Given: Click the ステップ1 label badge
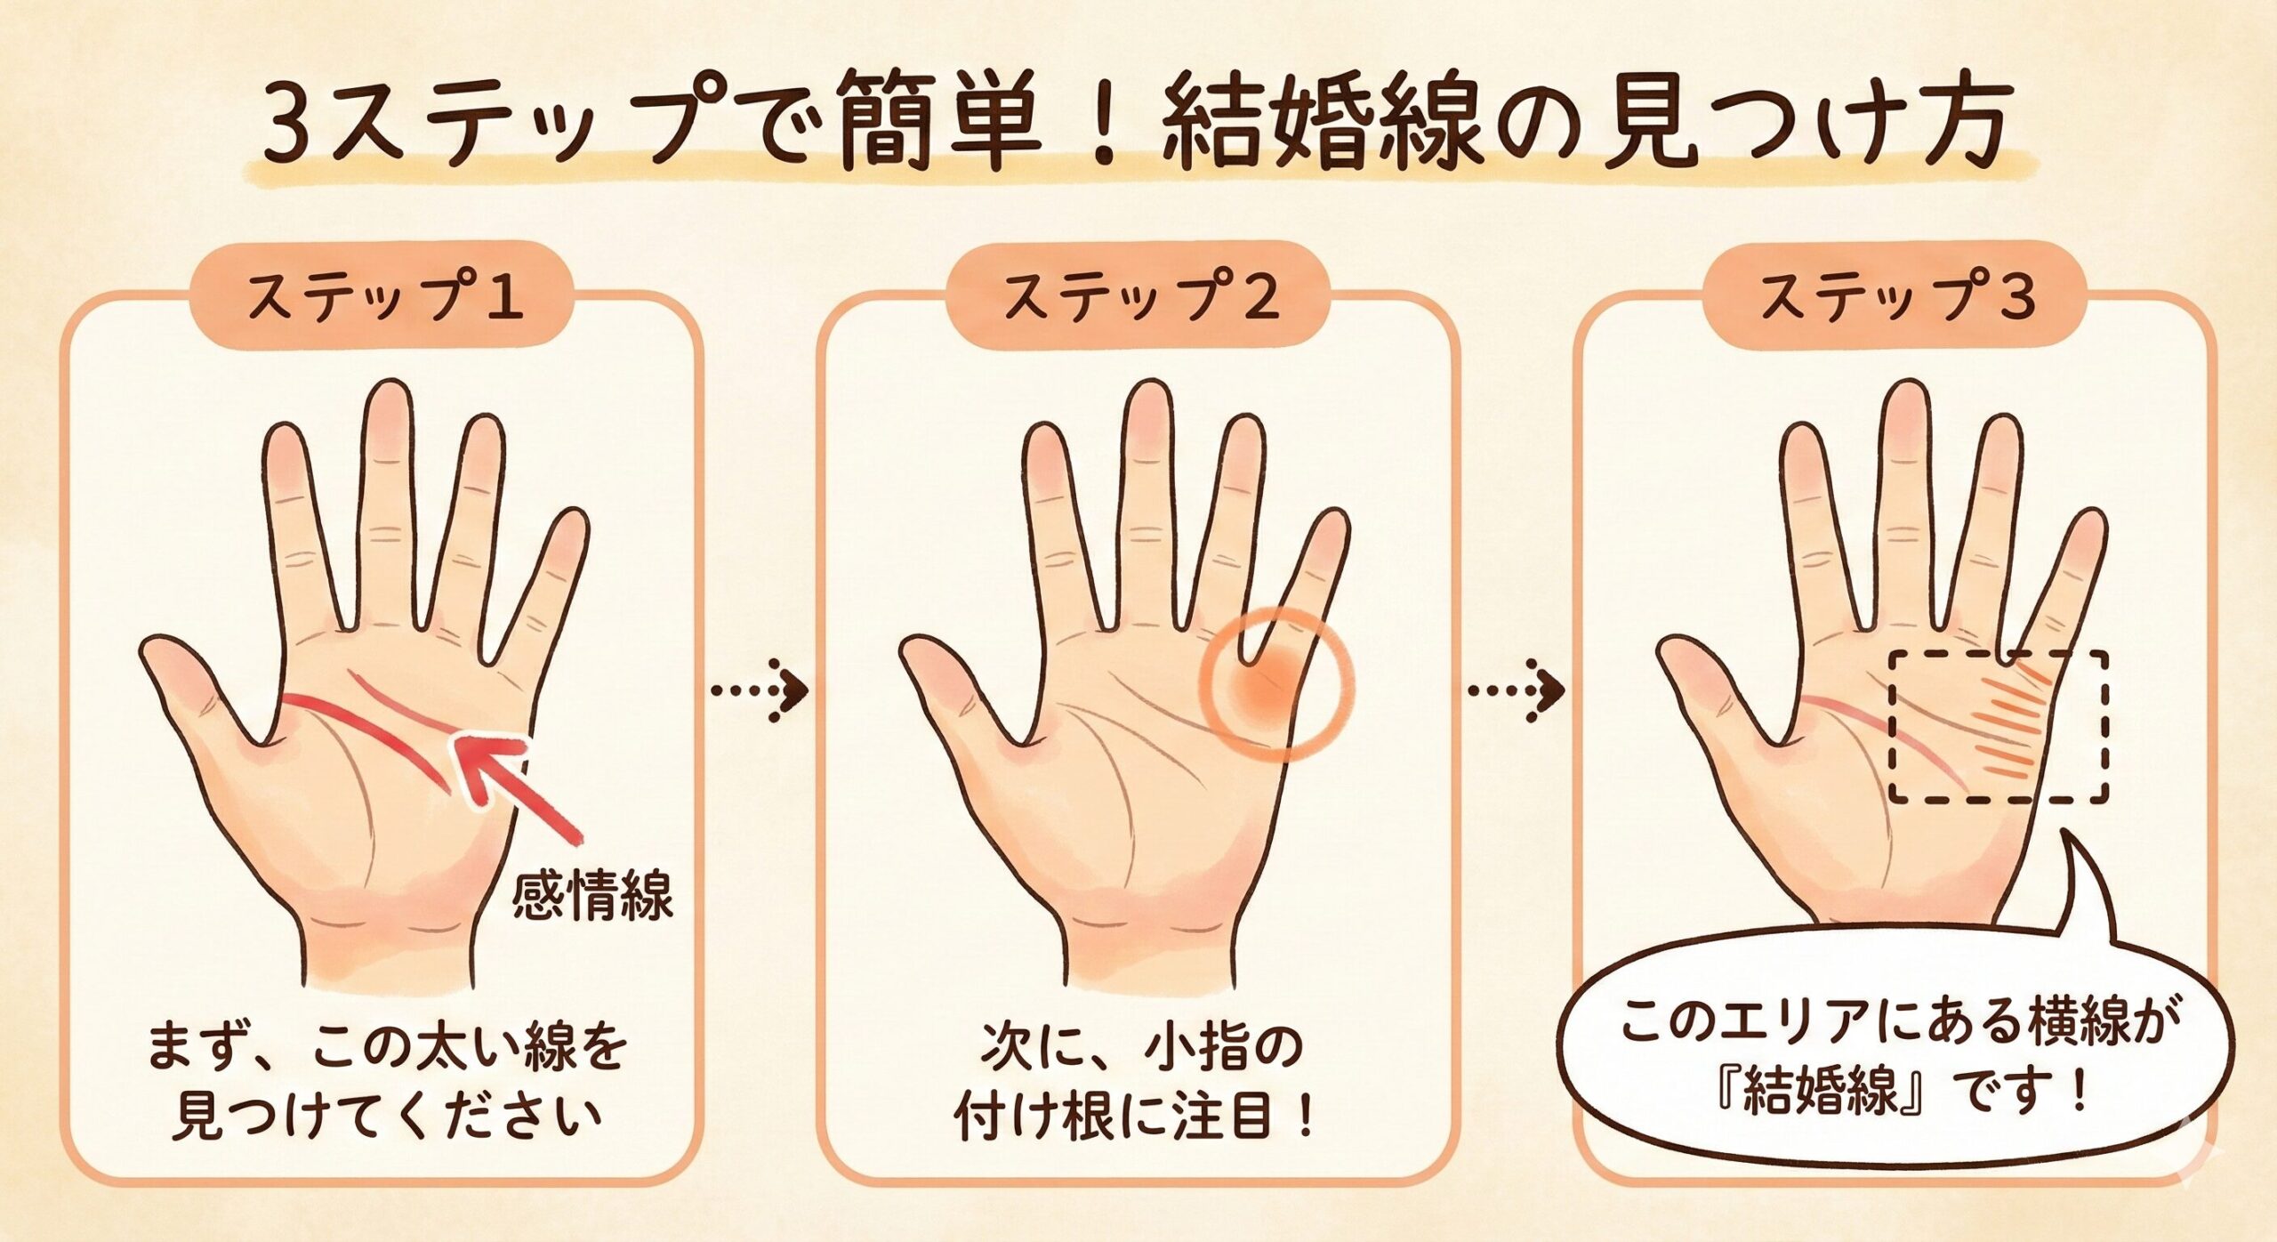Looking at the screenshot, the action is pyautogui.click(x=382, y=296).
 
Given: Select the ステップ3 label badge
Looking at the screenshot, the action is pyautogui.click(x=1895, y=296).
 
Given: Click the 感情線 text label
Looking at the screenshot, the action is pyautogui.click(x=592, y=896).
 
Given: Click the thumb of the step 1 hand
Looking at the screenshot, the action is pyautogui.click(x=200, y=690).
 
